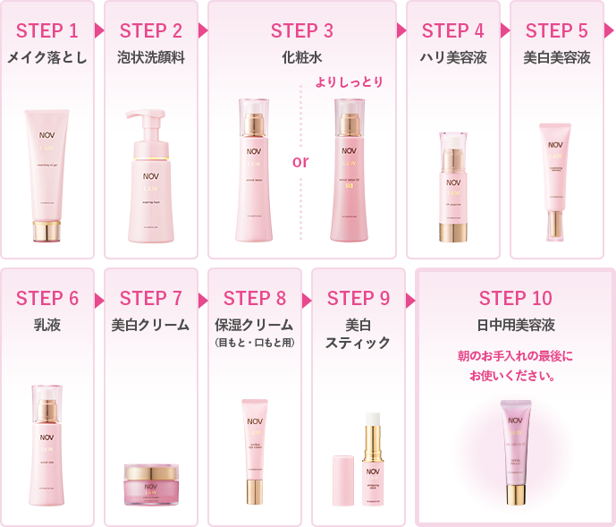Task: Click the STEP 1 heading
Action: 47,31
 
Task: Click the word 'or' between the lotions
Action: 300,162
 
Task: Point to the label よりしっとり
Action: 349,82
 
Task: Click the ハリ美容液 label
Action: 452,58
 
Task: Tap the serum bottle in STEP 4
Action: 452,188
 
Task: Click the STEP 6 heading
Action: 47,298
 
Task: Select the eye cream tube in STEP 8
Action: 255,452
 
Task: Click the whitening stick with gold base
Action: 373,465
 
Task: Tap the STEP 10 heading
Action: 515,298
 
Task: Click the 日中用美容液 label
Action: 515,325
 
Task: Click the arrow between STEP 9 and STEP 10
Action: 411,299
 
